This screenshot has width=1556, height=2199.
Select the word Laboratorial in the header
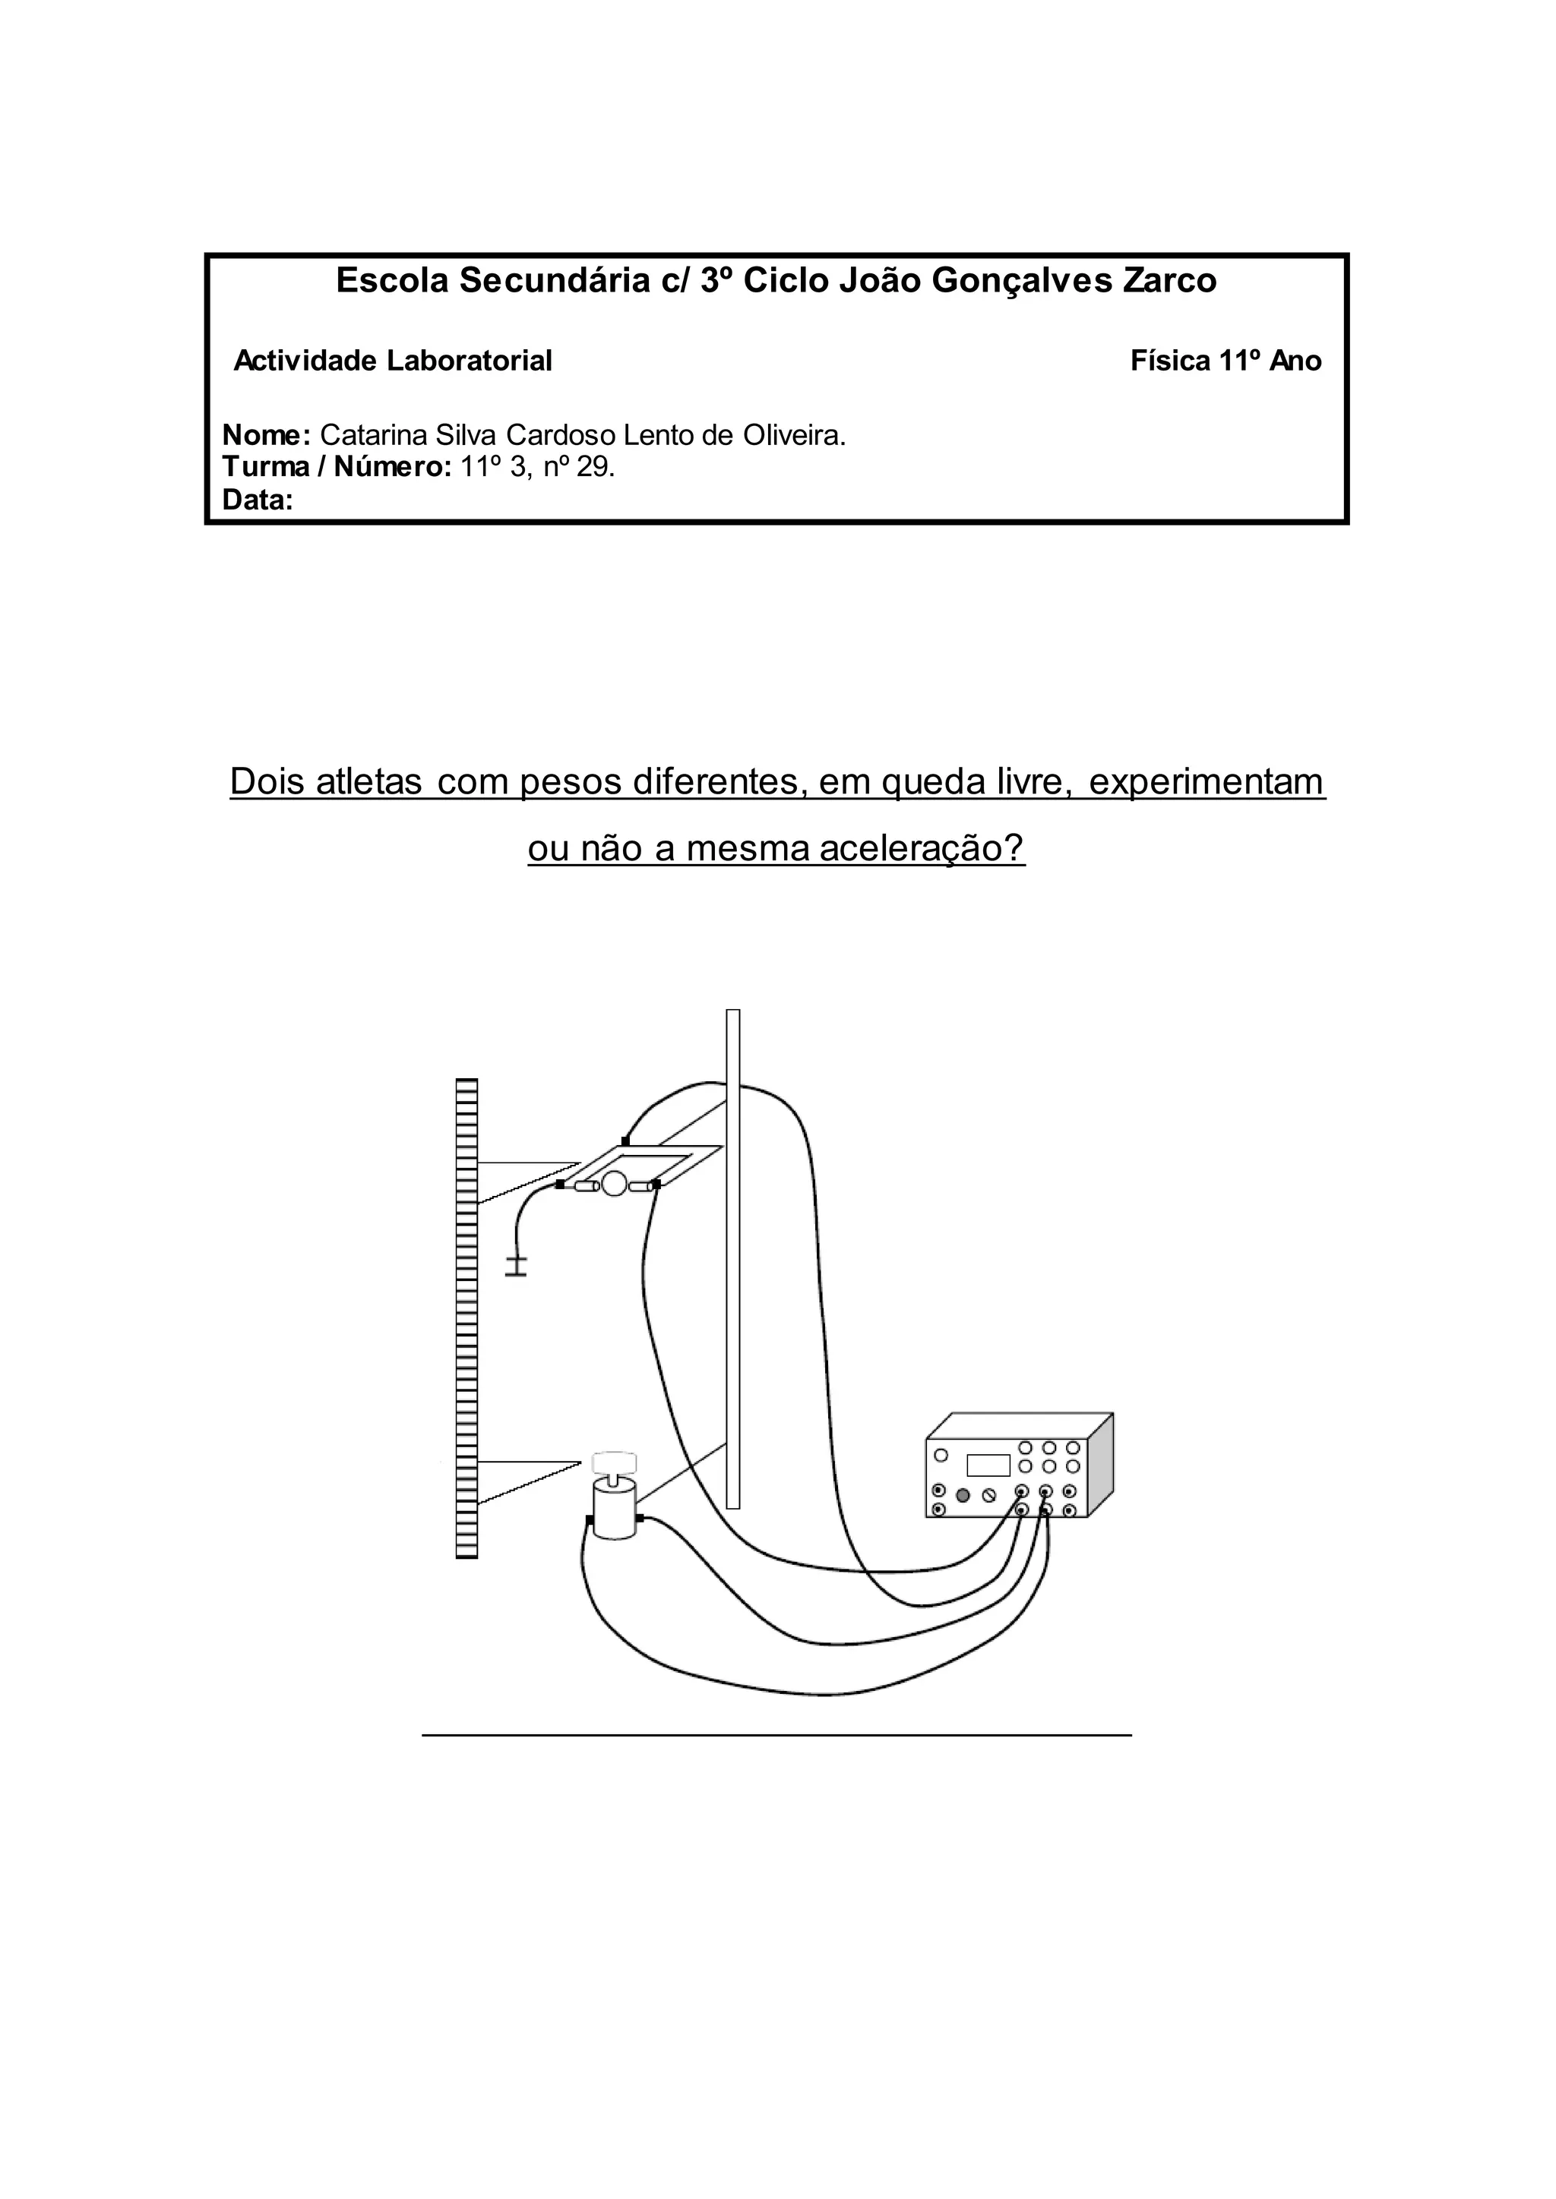[x=470, y=361]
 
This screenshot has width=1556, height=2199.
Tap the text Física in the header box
[x=1170, y=361]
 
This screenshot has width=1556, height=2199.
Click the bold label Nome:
[x=265, y=436]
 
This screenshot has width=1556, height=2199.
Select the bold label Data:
[x=257, y=500]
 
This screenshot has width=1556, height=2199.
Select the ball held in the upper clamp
[x=613, y=1187]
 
